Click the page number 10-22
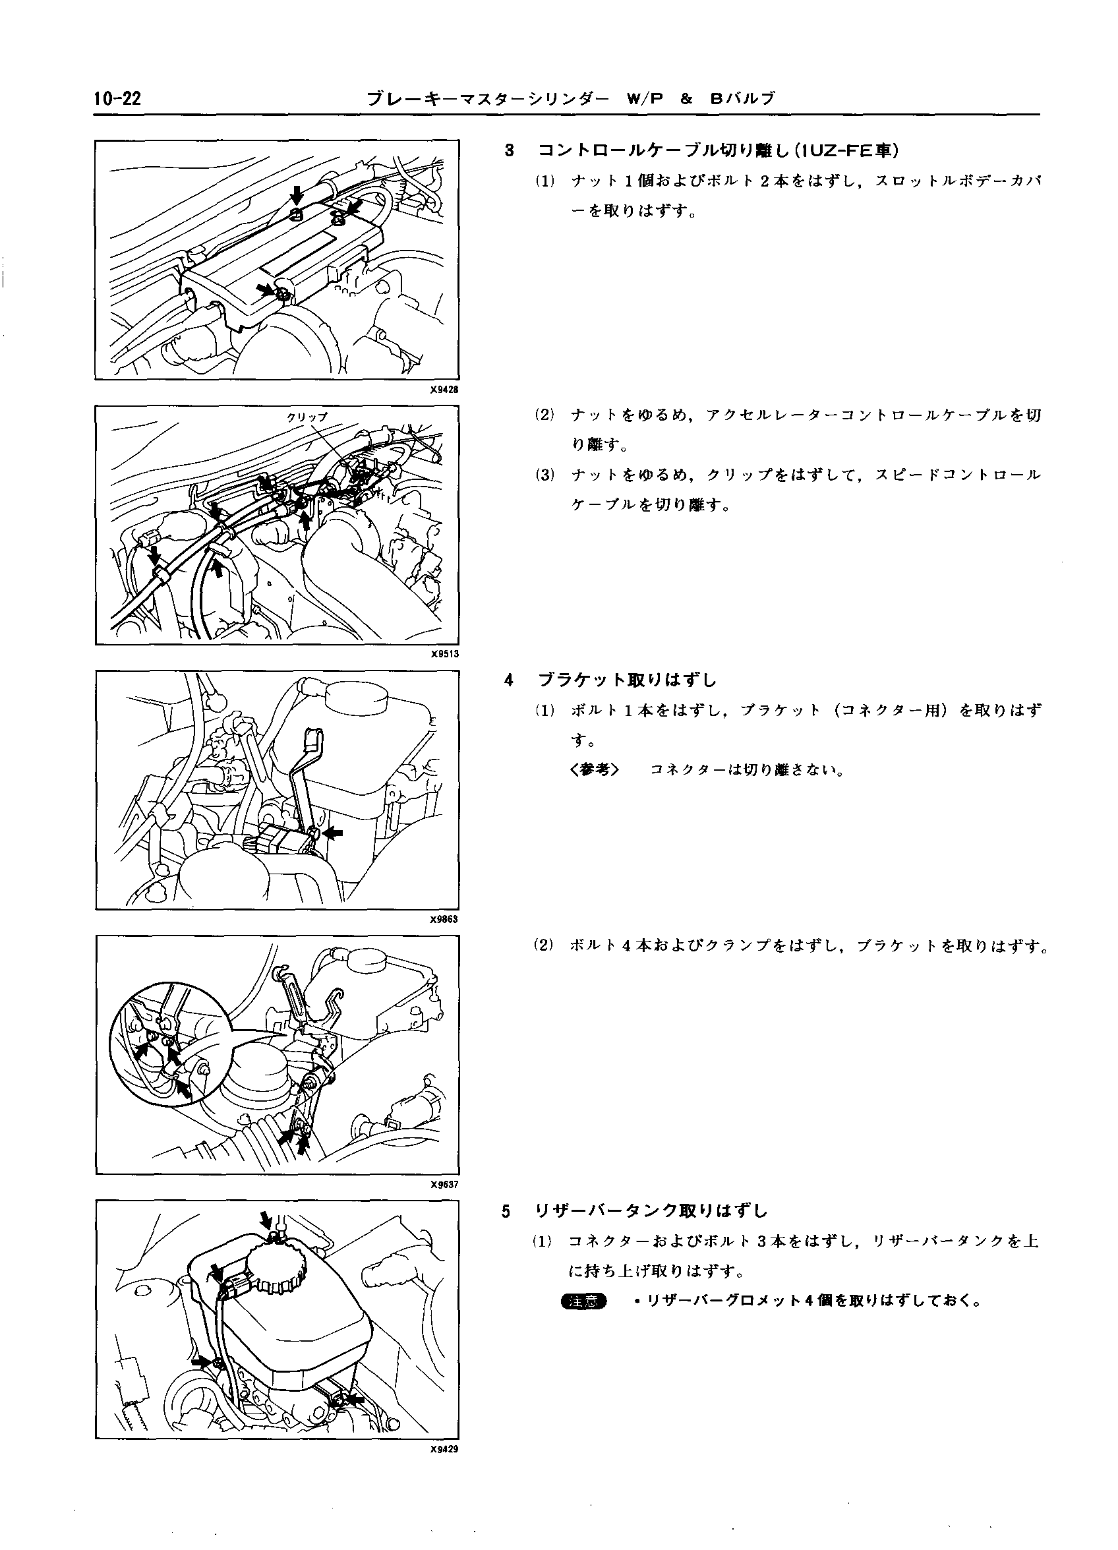pos(117,99)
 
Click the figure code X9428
pos(444,390)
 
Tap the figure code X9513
pos(444,654)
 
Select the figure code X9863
pos(444,919)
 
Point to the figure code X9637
pos(444,1184)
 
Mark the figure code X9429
pos(444,1450)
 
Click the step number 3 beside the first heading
pos(508,150)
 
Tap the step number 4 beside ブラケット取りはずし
pos(508,680)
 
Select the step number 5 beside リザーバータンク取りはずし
pos(506,1212)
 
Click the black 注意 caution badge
pos(583,1302)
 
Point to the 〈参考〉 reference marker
pos(594,770)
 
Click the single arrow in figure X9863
pos(334,833)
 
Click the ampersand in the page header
pos(687,100)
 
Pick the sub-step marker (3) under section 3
pos(544,475)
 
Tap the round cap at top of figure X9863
pos(356,696)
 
